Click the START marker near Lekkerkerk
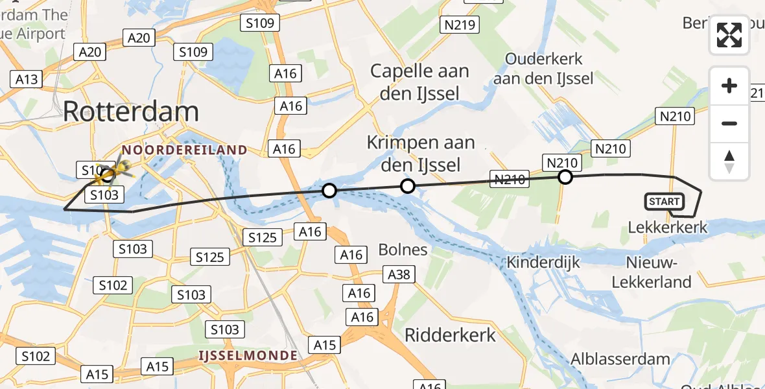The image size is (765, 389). pos(665,202)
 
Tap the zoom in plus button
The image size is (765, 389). pos(729,86)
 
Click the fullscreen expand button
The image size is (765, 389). pos(729,35)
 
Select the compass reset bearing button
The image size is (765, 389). pos(729,161)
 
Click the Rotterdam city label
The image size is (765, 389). pos(131,112)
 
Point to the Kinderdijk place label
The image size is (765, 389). pos(534,263)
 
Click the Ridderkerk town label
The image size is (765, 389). pos(450,335)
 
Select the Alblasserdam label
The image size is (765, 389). pos(620,359)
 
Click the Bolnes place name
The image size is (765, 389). pos(403,250)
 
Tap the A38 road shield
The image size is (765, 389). pos(399,275)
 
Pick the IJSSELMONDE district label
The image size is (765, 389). pos(248,355)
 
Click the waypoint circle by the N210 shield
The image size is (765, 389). pos(565,177)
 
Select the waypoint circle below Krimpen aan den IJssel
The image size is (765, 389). pos(407,187)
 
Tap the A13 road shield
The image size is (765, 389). pos(27,79)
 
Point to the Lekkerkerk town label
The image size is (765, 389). pos(668,228)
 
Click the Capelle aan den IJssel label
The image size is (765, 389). pos(419,82)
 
